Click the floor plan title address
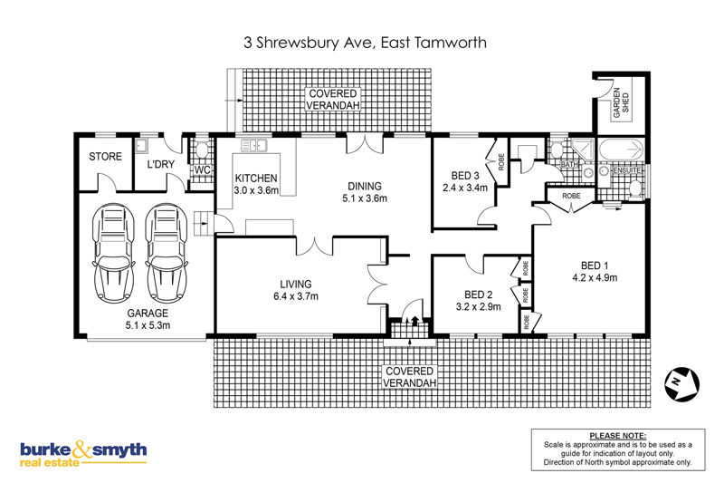(365, 43)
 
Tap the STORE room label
(105, 157)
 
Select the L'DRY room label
(161, 164)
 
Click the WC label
(202, 169)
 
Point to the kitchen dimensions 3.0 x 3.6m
(256, 190)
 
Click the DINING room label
(365, 187)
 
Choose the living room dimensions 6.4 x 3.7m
(296, 296)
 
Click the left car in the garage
(114, 253)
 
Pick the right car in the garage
(167, 253)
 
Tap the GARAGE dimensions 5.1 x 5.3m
(148, 325)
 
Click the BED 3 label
(465, 176)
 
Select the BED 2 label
(479, 295)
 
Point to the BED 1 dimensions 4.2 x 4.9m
(595, 278)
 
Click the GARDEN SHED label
(621, 102)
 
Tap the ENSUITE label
(626, 170)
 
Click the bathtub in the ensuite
(621, 150)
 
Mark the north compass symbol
(682, 384)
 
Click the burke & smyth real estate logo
(83, 454)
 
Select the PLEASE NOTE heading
(618, 435)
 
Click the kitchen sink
(253, 145)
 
